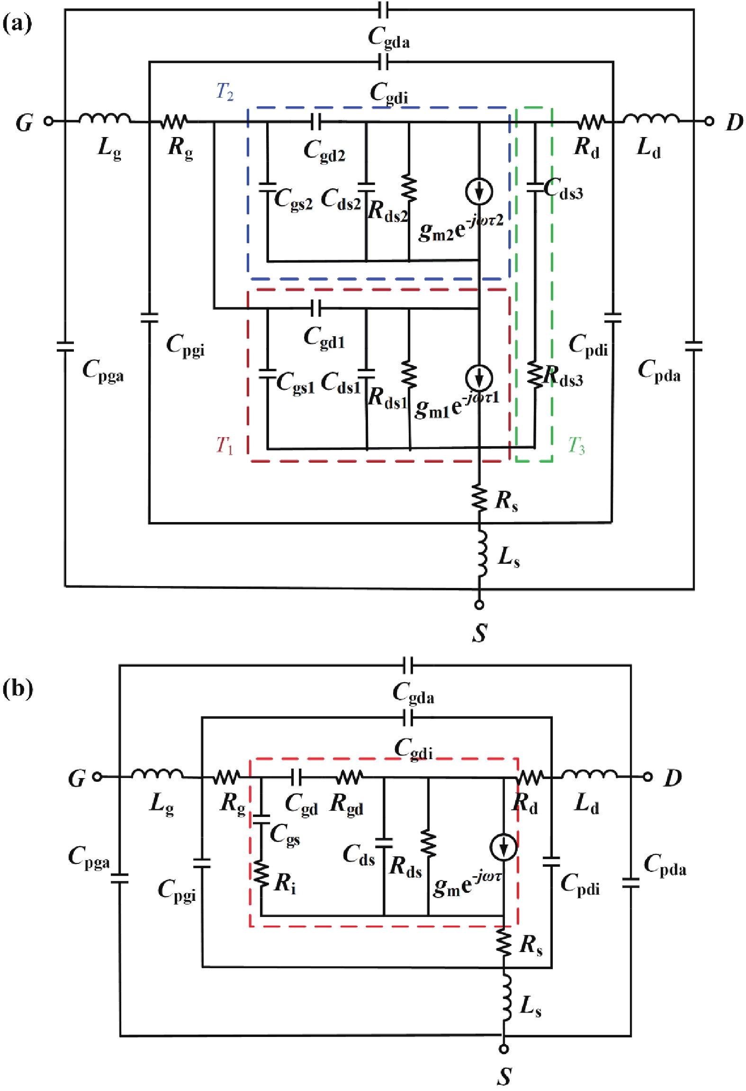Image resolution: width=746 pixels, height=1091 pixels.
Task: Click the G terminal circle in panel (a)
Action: coord(48,121)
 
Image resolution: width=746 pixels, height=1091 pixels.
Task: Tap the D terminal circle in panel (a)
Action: coord(709,121)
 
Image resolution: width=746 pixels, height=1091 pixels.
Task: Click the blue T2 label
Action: coord(225,91)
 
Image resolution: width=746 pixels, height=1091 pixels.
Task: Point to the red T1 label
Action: coord(225,445)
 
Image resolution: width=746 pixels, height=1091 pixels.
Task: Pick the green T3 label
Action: coord(576,446)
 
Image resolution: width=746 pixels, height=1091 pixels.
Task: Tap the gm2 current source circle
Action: coord(479,192)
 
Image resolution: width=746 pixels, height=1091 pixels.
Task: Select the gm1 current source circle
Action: coord(479,378)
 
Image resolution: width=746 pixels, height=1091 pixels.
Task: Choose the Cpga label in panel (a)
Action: coord(103,370)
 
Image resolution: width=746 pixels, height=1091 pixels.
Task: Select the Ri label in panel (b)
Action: coord(285,883)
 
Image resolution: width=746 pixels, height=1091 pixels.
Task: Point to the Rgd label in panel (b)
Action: coord(347,804)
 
